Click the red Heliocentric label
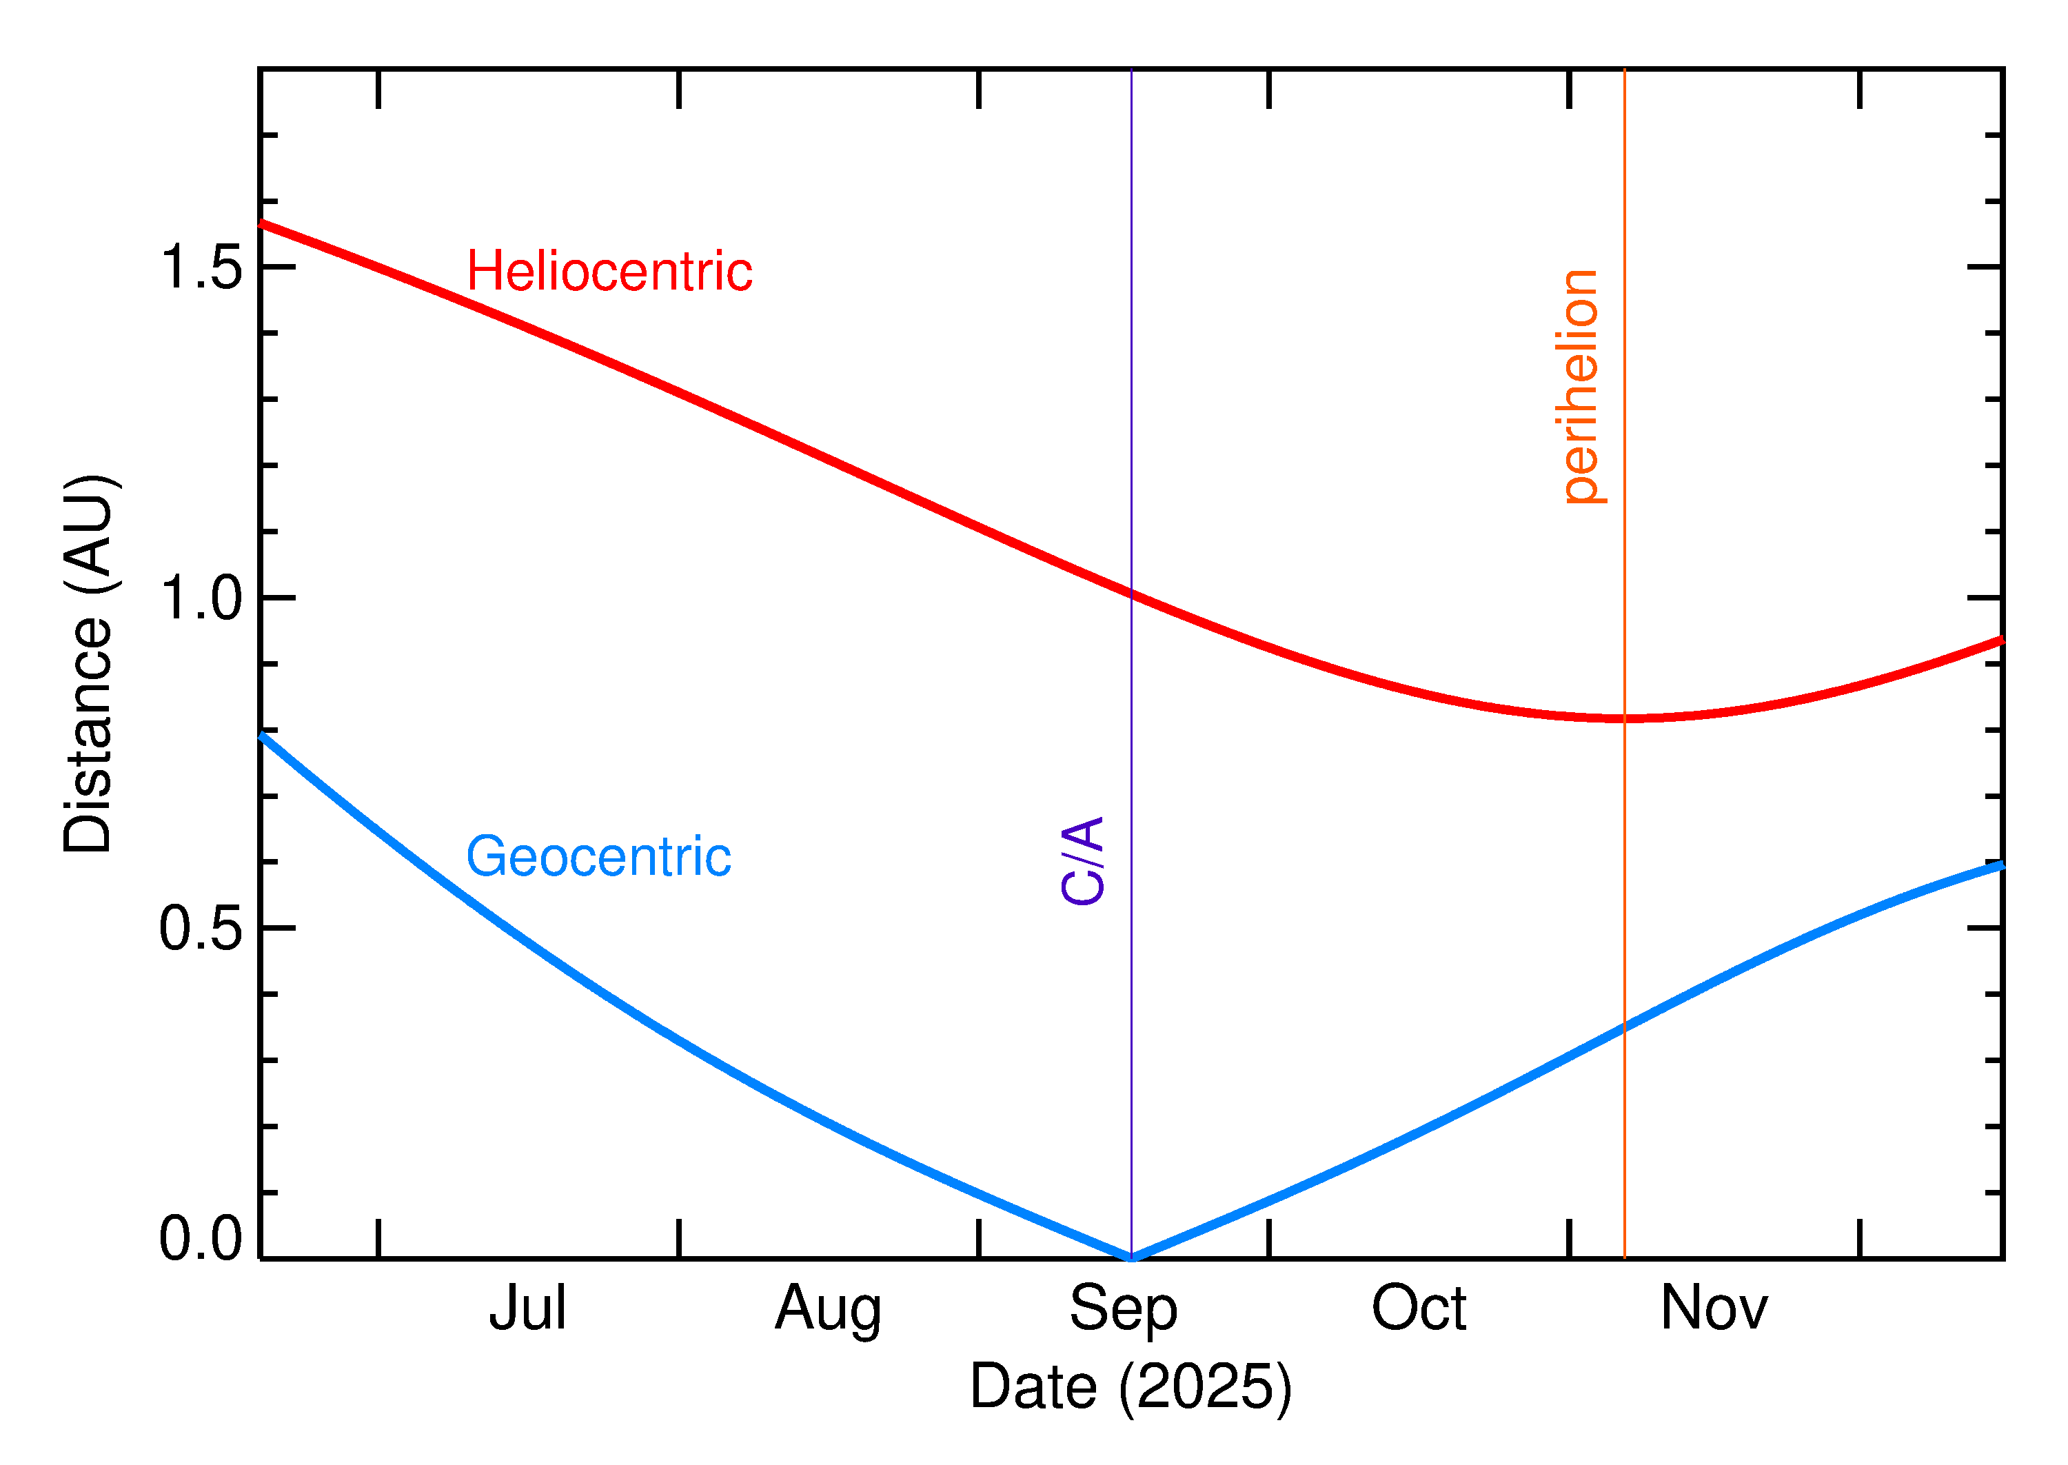coord(609,272)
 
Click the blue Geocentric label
coord(598,856)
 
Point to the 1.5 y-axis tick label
coord(200,268)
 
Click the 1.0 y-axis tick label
coord(200,598)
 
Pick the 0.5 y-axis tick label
coord(200,928)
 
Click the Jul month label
coord(527,1308)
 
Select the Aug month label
coord(828,1308)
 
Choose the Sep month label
coord(1123,1308)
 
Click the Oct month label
coord(1419,1308)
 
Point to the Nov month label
coord(1714,1308)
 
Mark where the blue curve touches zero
coord(1131,1257)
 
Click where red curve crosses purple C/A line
coord(1131,594)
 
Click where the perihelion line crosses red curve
coord(1624,719)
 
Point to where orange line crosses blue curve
coord(1624,1027)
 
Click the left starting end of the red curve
coord(261,222)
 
